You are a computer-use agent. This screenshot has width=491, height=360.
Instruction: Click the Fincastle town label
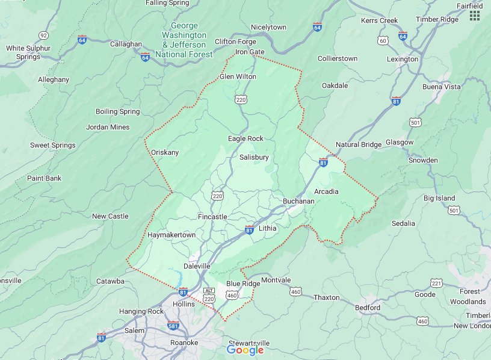pyautogui.click(x=212, y=216)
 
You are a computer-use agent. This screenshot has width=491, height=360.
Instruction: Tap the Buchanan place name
pyautogui.click(x=298, y=201)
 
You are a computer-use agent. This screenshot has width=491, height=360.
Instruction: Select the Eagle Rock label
pyautogui.click(x=245, y=138)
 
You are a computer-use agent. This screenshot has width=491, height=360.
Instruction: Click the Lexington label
pyautogui.click(x=403, y=59)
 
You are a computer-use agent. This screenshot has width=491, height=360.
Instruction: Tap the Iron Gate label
pyautogui.click(x=250, y=52)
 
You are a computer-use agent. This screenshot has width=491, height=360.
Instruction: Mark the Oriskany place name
pyautogui.click(x=165, y=152)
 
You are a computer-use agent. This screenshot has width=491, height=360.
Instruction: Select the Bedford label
pyautogui.click(x=367, y=308)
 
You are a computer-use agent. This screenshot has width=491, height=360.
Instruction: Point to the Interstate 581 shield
pyautogui.click(x=173, y=326)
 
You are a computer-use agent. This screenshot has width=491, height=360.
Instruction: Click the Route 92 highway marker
pyautogui.click(x=43, y=36)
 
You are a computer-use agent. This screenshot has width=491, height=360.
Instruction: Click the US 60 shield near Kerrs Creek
pyautogui.click(x=383, y=40)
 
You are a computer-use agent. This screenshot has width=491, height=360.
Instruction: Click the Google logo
pyautogui.click(x=245, y=350)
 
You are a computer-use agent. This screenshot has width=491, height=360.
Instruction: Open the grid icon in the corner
pyautogui.click(x=475, y=16)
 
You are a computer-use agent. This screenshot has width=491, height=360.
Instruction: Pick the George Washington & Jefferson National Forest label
pyautogui.click(x=184, y=40)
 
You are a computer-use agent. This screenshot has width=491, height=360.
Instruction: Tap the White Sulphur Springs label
pyautogui.click(x=23, y=52)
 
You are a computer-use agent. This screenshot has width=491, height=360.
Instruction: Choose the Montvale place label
pyautogui.click(x=276, y=280)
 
